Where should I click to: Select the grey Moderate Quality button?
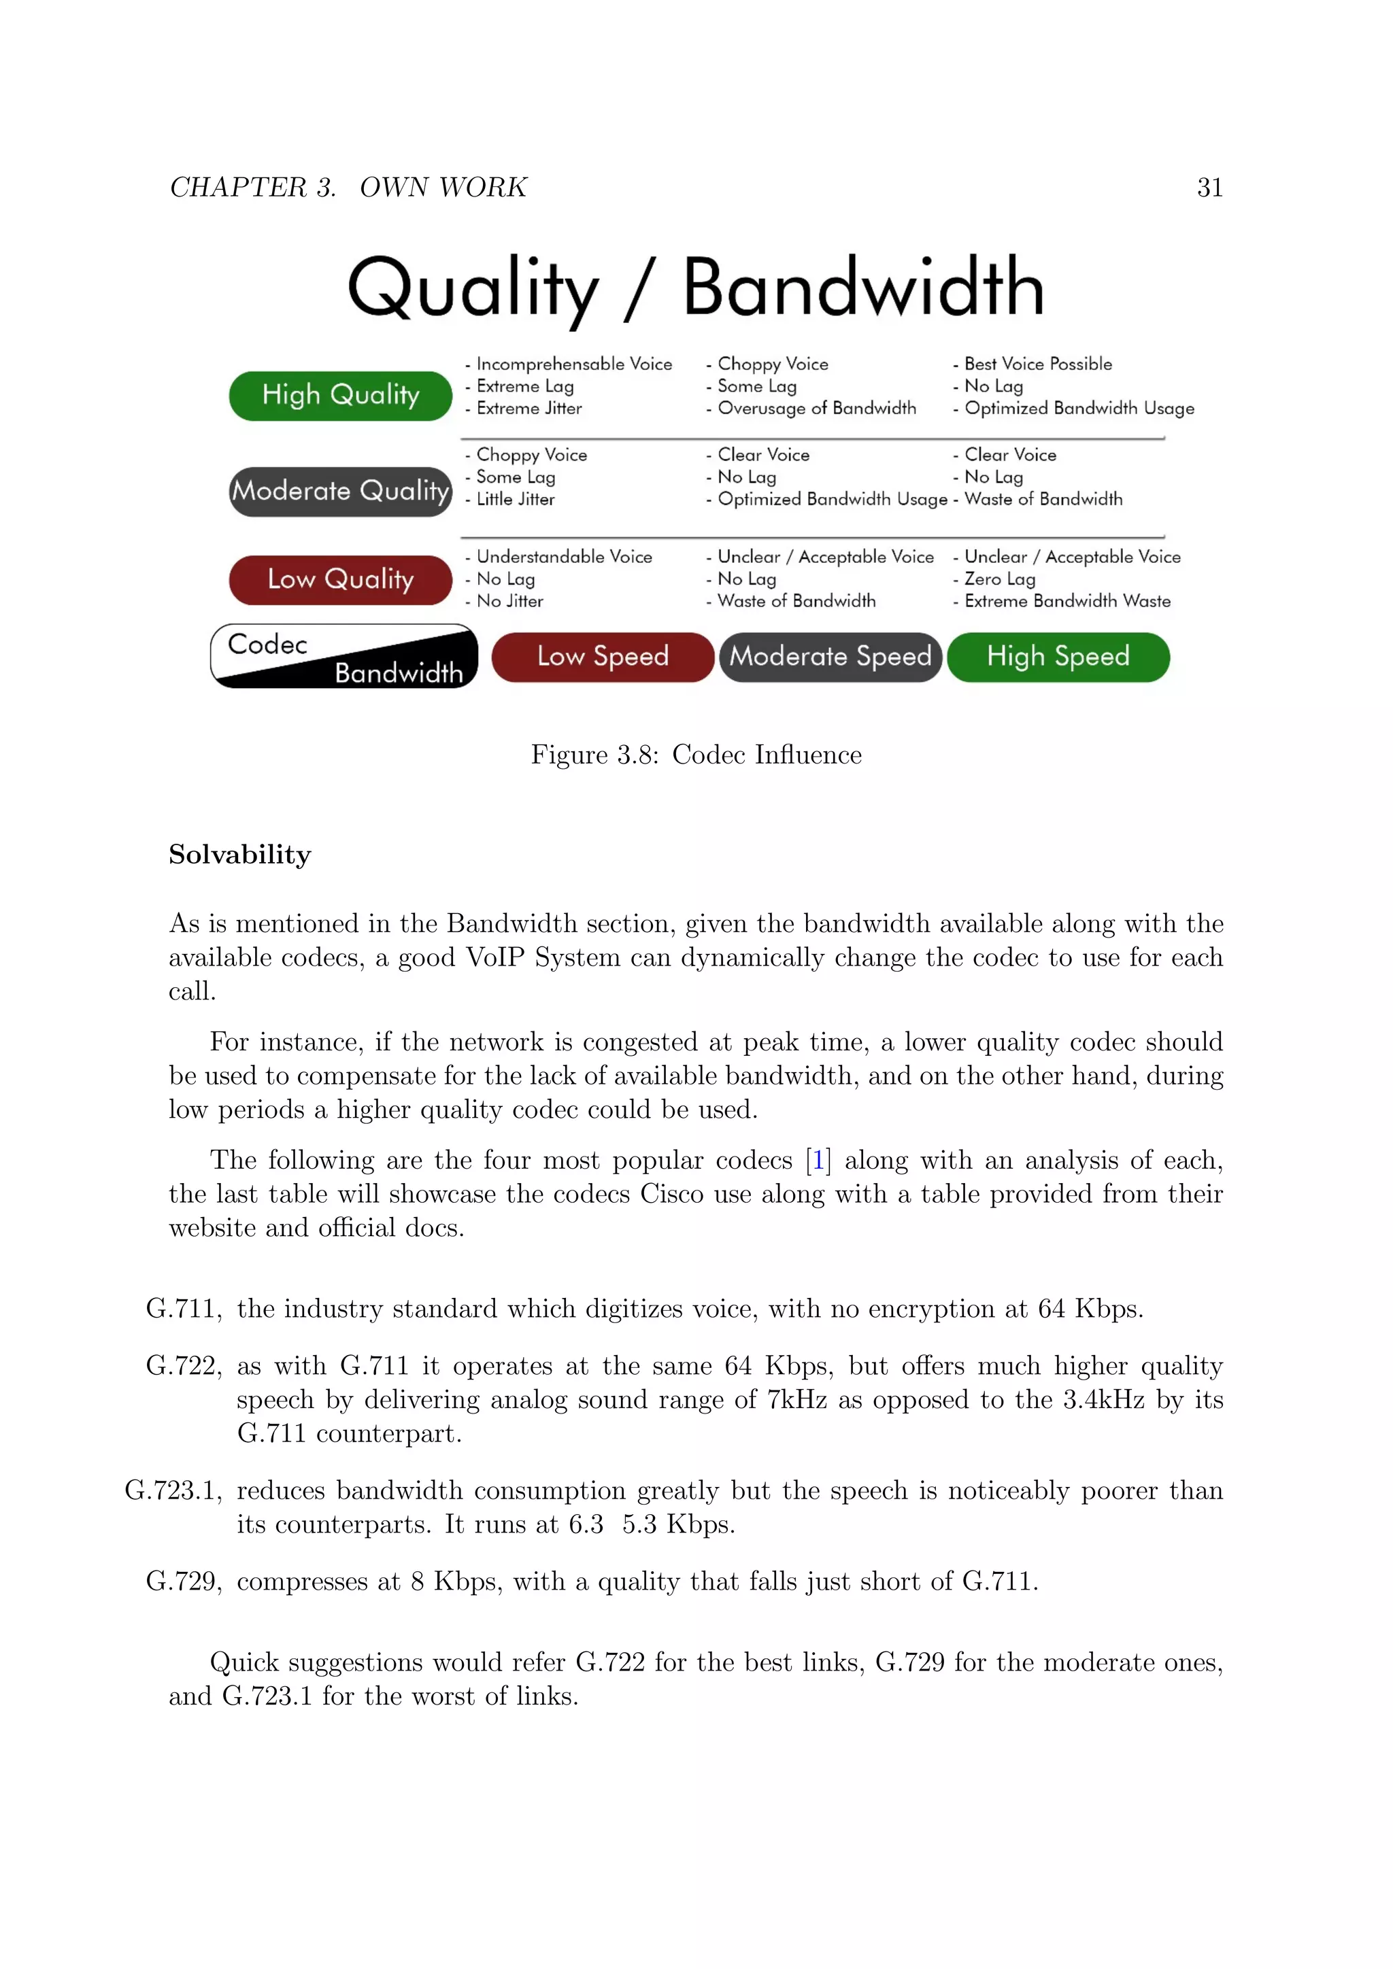click(341, 492)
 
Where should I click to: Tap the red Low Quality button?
click(341, 580)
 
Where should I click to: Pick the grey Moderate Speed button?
click(830, 657)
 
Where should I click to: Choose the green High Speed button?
click(1058, 657)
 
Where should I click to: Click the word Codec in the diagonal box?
click(267, 644)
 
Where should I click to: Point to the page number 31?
click(1209, 187)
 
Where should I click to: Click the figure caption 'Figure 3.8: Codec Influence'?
click(696, 755)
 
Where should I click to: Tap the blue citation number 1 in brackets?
click(818, 1161)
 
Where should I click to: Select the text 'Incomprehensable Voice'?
click(574, 364)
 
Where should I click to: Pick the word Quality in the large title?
click(473, 289)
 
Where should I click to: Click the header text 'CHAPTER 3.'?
click(253, 187)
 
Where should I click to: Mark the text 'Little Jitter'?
click(515, 499)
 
